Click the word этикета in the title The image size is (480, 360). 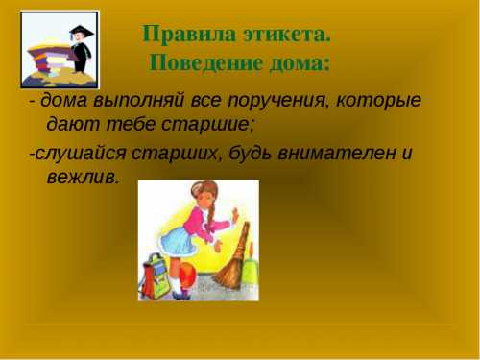[285, 35]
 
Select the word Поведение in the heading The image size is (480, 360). [205, 64]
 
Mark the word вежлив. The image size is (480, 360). [83, 177]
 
